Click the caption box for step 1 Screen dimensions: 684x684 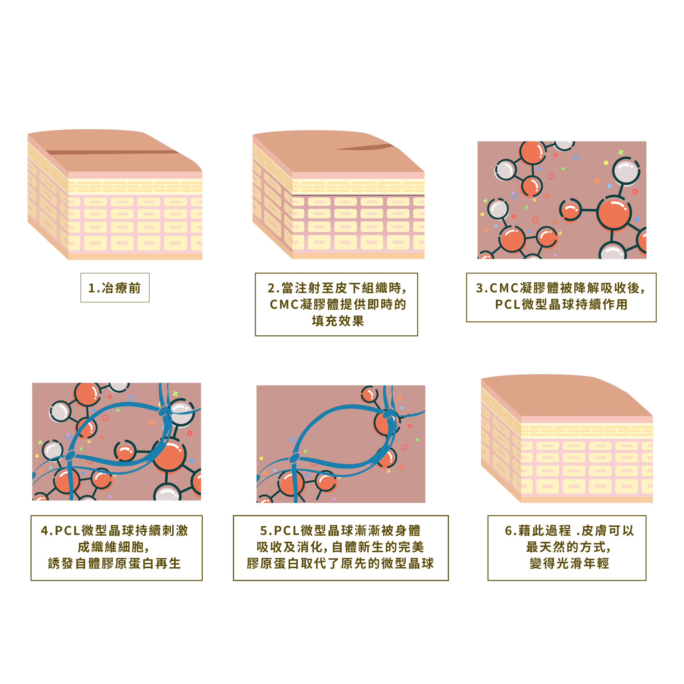115,288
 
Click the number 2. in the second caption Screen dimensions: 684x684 273,288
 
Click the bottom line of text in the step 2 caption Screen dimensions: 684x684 338,321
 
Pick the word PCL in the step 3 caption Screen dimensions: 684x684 507,305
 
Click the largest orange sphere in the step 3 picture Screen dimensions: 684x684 614,214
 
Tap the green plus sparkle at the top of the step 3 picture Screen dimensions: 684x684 620,152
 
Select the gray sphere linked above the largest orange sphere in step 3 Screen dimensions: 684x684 626,172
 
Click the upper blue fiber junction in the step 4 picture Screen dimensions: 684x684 164,411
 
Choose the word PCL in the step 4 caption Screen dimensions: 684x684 67,531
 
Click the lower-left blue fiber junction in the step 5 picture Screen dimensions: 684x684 294,459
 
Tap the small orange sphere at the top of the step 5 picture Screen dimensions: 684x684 369,394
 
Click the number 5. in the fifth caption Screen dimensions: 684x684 266,531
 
